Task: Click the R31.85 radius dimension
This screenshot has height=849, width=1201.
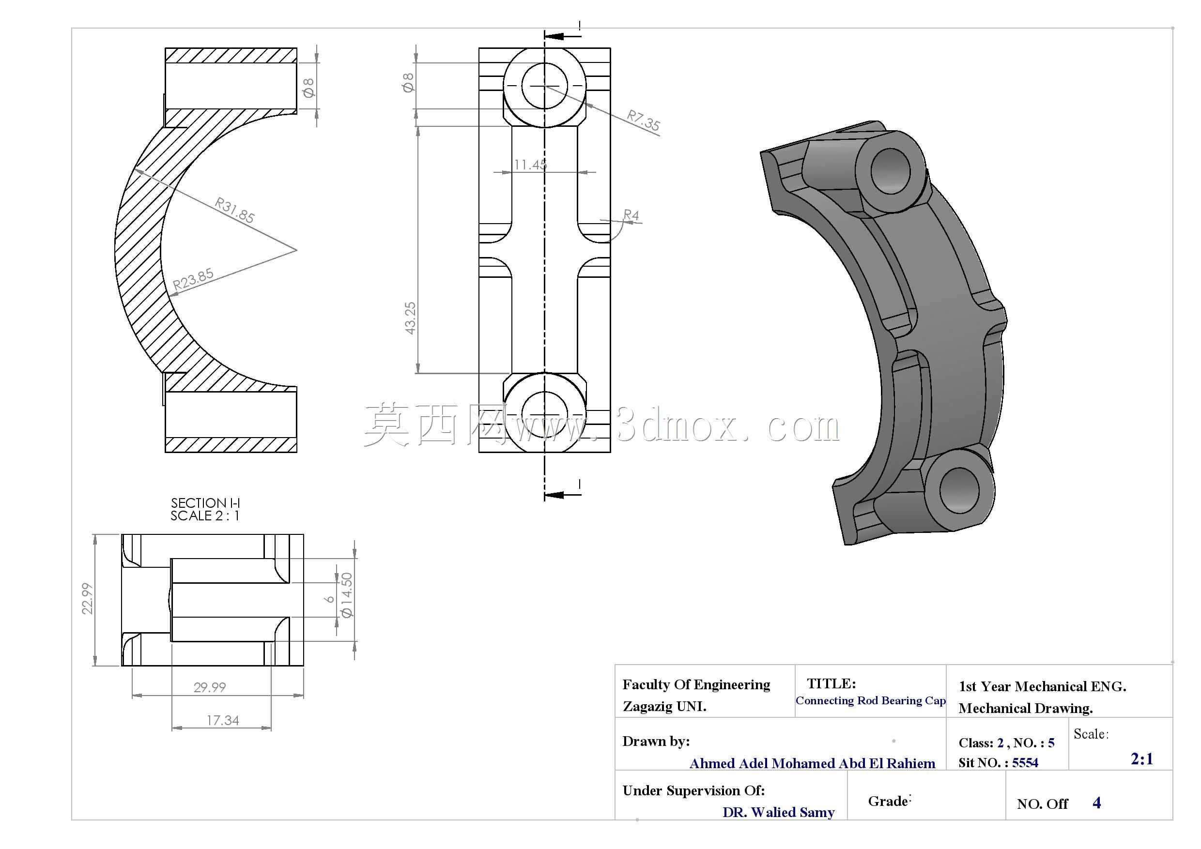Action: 235,210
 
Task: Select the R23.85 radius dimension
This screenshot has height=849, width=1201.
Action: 193,279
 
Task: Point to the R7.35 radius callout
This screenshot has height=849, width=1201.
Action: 644,120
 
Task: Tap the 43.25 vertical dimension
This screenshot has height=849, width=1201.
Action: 411,318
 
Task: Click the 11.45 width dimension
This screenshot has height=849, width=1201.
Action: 530,165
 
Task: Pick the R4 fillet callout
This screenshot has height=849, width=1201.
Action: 631,215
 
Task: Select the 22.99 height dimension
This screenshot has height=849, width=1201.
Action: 87,599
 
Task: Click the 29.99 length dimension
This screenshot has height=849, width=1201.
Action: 210,687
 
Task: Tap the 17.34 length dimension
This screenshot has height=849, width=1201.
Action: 223,720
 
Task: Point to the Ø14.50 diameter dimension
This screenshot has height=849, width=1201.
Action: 346,595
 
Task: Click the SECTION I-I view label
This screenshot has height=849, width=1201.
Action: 205,503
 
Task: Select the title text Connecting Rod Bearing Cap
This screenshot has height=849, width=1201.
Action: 870,700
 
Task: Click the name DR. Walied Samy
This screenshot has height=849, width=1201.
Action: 778,812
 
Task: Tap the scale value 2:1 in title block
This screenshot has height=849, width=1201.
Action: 1142,759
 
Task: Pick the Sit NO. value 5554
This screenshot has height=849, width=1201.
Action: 1025,763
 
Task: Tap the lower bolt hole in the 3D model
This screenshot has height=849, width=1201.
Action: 959,490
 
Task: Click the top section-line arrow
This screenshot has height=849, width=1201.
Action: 562,36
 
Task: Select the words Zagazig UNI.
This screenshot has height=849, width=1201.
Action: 664,707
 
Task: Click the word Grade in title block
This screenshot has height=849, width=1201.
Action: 888,802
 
